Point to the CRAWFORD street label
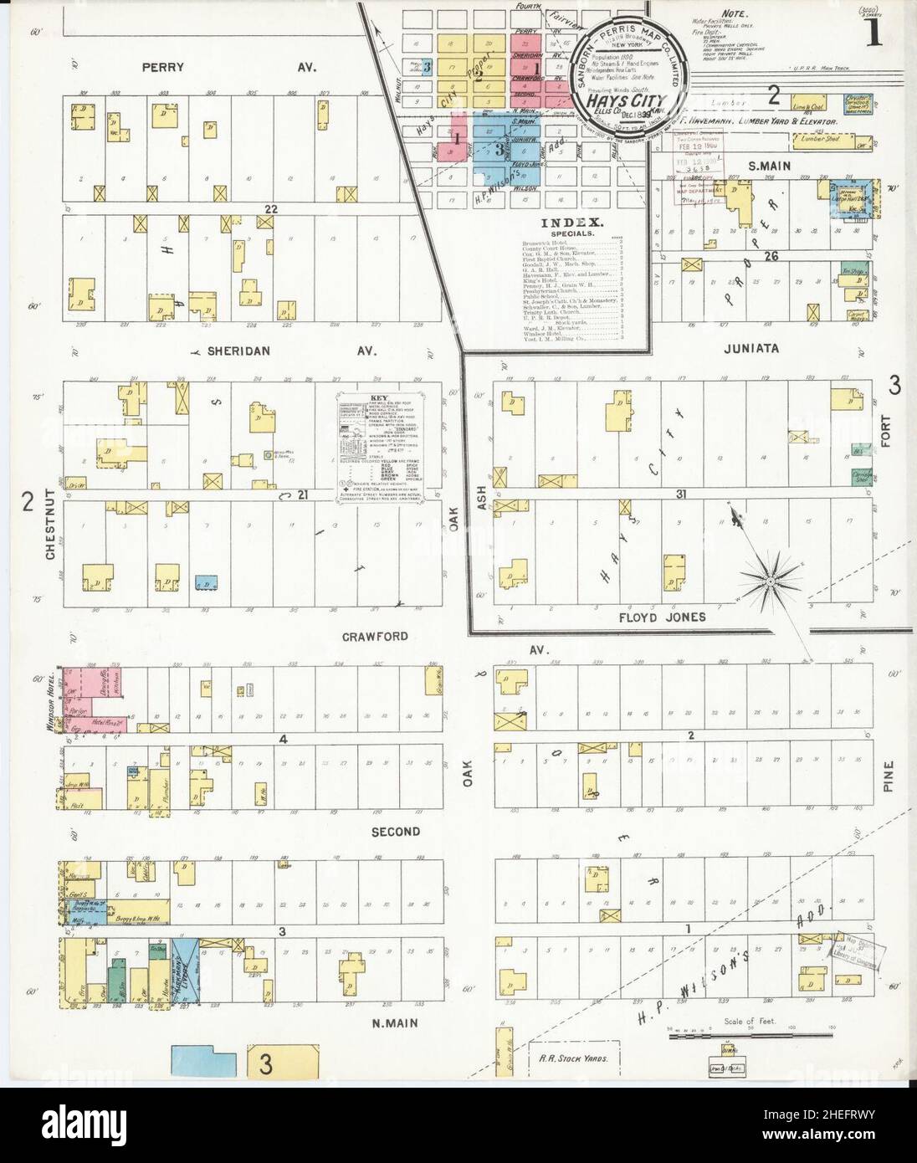pos(375,637)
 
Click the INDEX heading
pos(572,223)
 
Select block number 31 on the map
pos(681,494)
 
